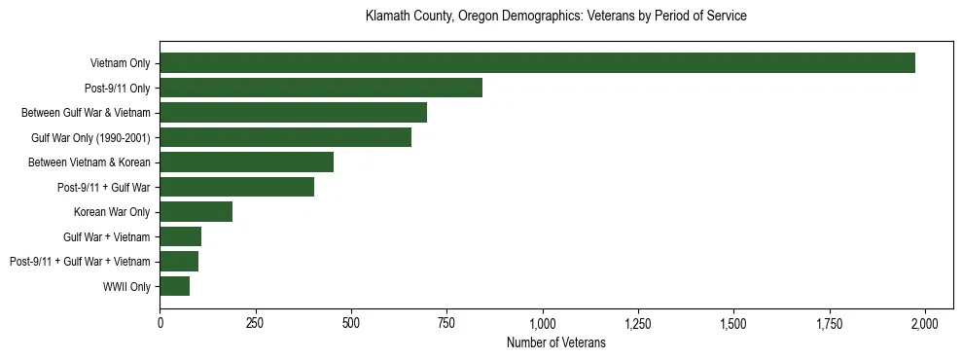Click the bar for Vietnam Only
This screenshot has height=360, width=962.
537,63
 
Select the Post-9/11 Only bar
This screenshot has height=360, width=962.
321,88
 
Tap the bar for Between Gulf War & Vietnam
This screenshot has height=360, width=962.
293,113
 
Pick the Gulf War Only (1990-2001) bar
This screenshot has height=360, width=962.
285,137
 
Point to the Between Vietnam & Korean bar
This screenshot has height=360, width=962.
246,162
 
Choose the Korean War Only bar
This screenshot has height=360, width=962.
196,212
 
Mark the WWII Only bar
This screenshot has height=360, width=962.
174,286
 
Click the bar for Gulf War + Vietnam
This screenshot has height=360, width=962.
180,236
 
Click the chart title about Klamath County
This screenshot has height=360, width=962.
555,17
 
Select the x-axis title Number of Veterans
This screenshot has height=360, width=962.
555,342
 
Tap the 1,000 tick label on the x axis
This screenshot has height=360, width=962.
542,323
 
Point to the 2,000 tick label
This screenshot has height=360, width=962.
924,323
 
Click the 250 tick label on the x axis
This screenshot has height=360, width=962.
256,323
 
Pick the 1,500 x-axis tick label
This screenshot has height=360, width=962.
733,323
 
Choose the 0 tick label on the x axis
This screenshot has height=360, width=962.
160,323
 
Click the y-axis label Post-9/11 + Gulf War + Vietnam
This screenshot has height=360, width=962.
80,262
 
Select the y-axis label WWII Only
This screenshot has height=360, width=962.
126,286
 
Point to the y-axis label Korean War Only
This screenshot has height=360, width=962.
112,212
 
